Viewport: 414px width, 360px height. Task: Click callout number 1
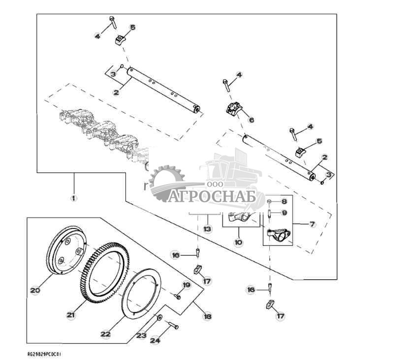click(73, 198)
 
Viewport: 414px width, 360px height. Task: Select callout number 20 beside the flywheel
click(34, 291)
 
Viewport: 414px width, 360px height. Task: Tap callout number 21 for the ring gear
click(71, 315)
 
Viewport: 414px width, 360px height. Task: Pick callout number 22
click(105, 334)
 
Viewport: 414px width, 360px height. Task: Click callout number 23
click(141, 335)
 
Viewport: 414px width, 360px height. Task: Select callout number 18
click(207, 317)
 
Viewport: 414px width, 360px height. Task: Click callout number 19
click(187, 285)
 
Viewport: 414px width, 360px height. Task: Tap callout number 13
click(207, 229)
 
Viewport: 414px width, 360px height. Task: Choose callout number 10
click(238, 243)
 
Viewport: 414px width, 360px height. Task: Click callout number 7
click(312, 225)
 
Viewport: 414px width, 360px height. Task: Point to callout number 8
click(284, 202)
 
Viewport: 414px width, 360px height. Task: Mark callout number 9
click(284, 213)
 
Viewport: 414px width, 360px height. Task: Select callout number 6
click(251, 120)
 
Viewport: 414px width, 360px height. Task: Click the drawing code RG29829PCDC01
click(45, 354)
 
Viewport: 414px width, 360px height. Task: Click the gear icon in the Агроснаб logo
click(166, 183)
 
